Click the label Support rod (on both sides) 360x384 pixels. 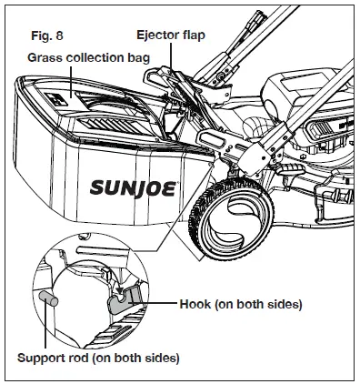click(x=98, y=357)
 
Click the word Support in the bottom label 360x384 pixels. click(x=42, y=357)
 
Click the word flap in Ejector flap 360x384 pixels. click(x=194, y=35)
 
